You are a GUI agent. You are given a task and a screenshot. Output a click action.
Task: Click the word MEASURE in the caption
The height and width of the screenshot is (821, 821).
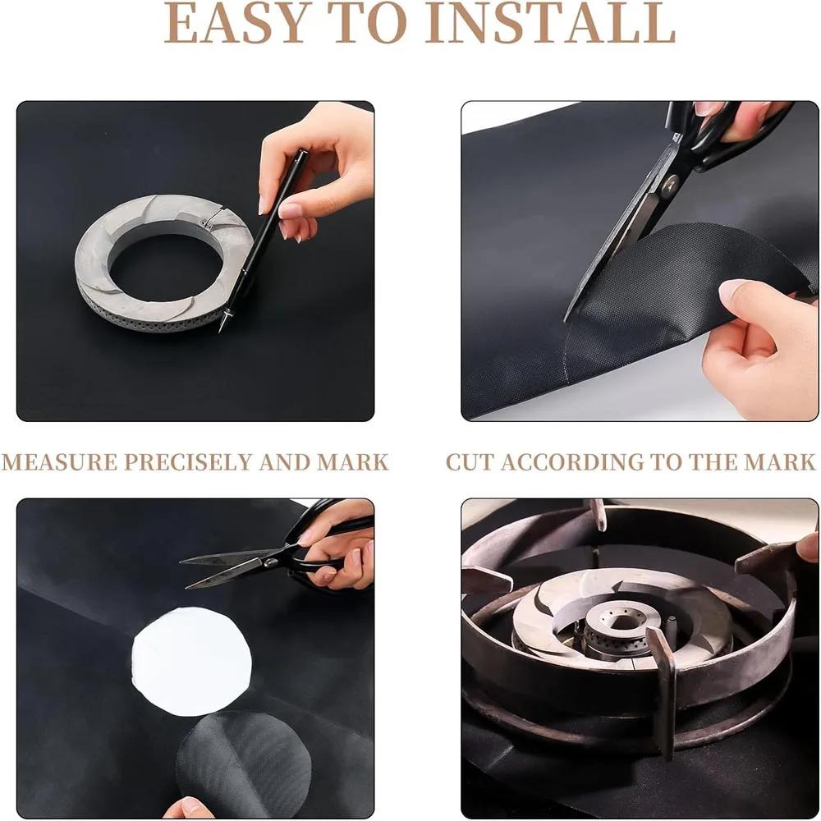(60, 462)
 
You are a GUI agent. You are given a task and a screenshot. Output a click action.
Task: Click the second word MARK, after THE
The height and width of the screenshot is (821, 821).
(780, 462)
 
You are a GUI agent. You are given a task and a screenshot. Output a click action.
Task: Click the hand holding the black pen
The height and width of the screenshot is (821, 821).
(316, 172)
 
